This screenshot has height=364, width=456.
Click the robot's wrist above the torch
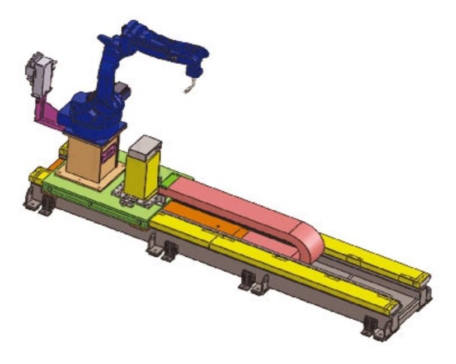tap(196, 67)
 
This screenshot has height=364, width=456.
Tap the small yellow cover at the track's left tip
tap(38, 176)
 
